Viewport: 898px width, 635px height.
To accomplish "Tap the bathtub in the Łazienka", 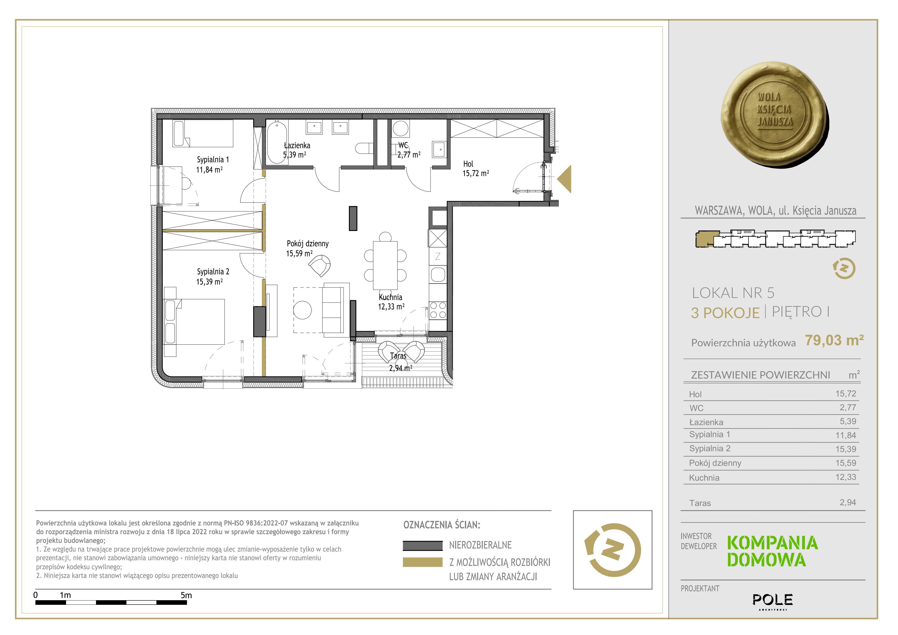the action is pos(277,142).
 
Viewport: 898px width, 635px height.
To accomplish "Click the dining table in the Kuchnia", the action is pos(385,265).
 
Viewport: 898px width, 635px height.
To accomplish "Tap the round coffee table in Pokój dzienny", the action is pos(302,310).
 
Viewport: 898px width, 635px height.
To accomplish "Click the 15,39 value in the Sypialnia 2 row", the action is pos(846,449).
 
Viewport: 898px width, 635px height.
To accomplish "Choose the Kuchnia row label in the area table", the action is pos(704,478).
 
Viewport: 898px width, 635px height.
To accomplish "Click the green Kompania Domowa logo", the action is pos(773,551).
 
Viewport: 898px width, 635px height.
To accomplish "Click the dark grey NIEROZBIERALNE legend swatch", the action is pos(423,545).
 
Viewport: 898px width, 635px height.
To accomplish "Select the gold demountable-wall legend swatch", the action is pos(423,562).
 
